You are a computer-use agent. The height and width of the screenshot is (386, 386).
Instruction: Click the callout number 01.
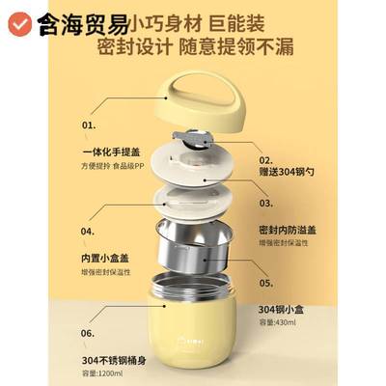pyautogui.click(x=90, y=125)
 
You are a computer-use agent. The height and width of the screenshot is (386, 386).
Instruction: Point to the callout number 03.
pyautogui.click(x=267, y=205)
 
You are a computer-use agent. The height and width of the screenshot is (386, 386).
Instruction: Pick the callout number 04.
pyautogui.click(x=89, y=233)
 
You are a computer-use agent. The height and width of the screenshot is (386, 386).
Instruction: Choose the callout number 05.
pyautogui.click(x=267, y=285)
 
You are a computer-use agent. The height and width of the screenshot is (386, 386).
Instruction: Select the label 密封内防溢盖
pyautogui.click(x=294, y=232)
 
